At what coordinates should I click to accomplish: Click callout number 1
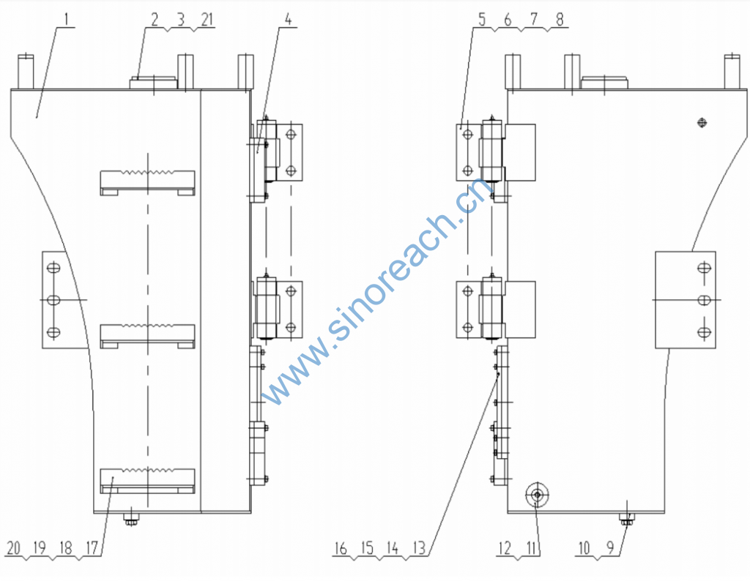click(x=67, y=20)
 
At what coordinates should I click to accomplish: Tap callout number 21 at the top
click(x=207, y=20)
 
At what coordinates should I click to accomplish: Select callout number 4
click(x=288, y=20)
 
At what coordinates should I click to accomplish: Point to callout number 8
click(x=560, y=20)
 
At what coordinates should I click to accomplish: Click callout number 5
click(x=482, y=20)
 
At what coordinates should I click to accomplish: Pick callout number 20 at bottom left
click(x=13, y=548)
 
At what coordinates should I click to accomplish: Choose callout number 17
click(x=92, y=548)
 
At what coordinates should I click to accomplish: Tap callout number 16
click(x=340, y=548)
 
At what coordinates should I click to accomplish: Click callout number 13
click(x=418, y=548)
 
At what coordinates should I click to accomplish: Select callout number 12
click(x=505, y=548)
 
